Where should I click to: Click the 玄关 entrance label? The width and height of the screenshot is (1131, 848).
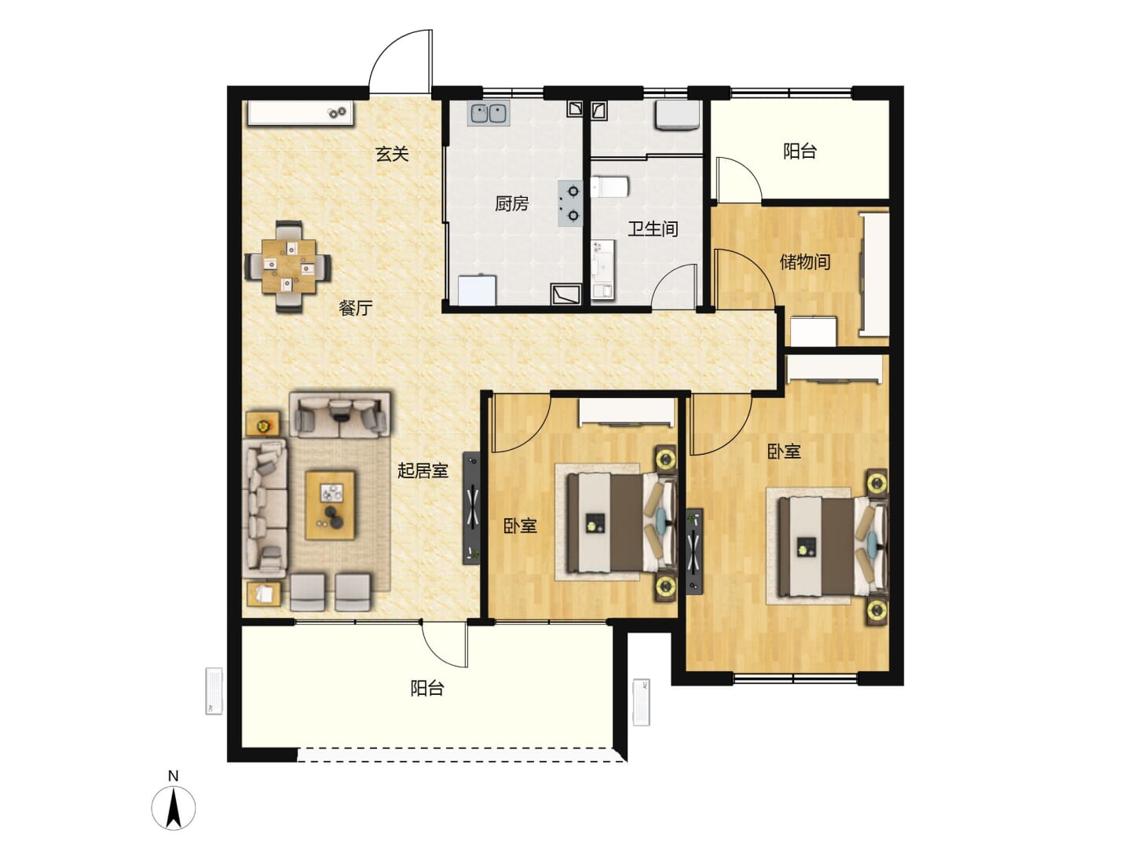click(x=392, y=153)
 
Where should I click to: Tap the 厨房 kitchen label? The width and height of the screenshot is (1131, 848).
click(x=511, y=204)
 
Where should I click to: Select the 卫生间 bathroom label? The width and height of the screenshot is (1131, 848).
click(x=653, y=228)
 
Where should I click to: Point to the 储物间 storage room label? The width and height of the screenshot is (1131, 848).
click(x=805, y=261)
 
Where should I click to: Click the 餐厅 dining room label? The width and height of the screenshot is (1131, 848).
click(x=356, y=308)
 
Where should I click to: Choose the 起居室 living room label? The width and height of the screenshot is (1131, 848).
click(x=423, y=470)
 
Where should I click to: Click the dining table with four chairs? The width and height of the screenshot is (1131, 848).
click(x=288, y=267)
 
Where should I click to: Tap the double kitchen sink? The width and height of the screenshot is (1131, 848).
click(x=489, y=114)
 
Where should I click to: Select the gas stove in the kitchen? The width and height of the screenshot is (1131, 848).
click(x=571, y=203)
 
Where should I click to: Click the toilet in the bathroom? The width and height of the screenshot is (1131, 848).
click(x=609, y=187)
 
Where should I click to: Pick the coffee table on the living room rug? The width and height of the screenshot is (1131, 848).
click(x=331, y=506)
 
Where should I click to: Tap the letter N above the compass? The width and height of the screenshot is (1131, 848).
click(x=173, y=776)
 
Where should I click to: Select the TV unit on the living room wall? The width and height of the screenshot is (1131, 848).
click(x=471, y=508)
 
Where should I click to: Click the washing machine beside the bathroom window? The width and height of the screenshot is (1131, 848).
click(x=676, y=115)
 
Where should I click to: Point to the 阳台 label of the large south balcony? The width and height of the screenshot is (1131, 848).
click(x=427, y=689)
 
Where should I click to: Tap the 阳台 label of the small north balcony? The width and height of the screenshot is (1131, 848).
click(x=800, y=152)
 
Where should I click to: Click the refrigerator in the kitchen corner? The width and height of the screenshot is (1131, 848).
click(x=478, y=291)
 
